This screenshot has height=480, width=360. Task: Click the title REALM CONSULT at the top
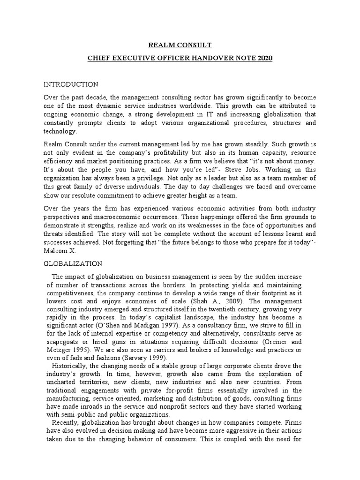coord(180,45)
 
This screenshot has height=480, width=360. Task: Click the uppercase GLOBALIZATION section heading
coord(73,264)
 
